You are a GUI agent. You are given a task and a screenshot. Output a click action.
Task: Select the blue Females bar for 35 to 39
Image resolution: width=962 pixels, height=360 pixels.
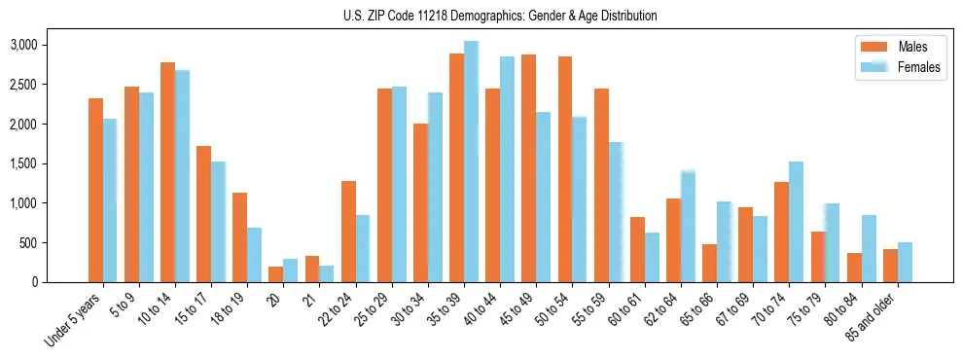471,162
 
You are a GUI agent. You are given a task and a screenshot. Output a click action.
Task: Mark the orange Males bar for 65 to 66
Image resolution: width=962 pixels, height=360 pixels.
709,263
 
